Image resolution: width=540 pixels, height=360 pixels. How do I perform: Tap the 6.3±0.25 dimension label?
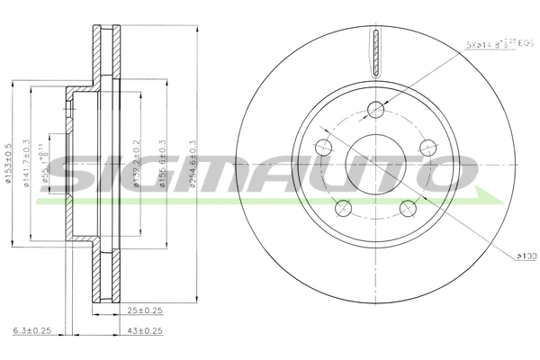pyautogui.click(x=34, y=332)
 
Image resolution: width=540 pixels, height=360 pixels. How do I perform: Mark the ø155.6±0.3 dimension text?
pyautogui.click(x=162, y=164)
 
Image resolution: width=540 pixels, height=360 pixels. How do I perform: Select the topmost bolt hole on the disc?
pyautogui.click(x=375, y=110)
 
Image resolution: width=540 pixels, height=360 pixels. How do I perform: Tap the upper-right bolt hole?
pyautogui.click(x=427, y=148)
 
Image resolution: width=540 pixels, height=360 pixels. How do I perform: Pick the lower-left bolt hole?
pyautogui.click(x=343, y=208)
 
